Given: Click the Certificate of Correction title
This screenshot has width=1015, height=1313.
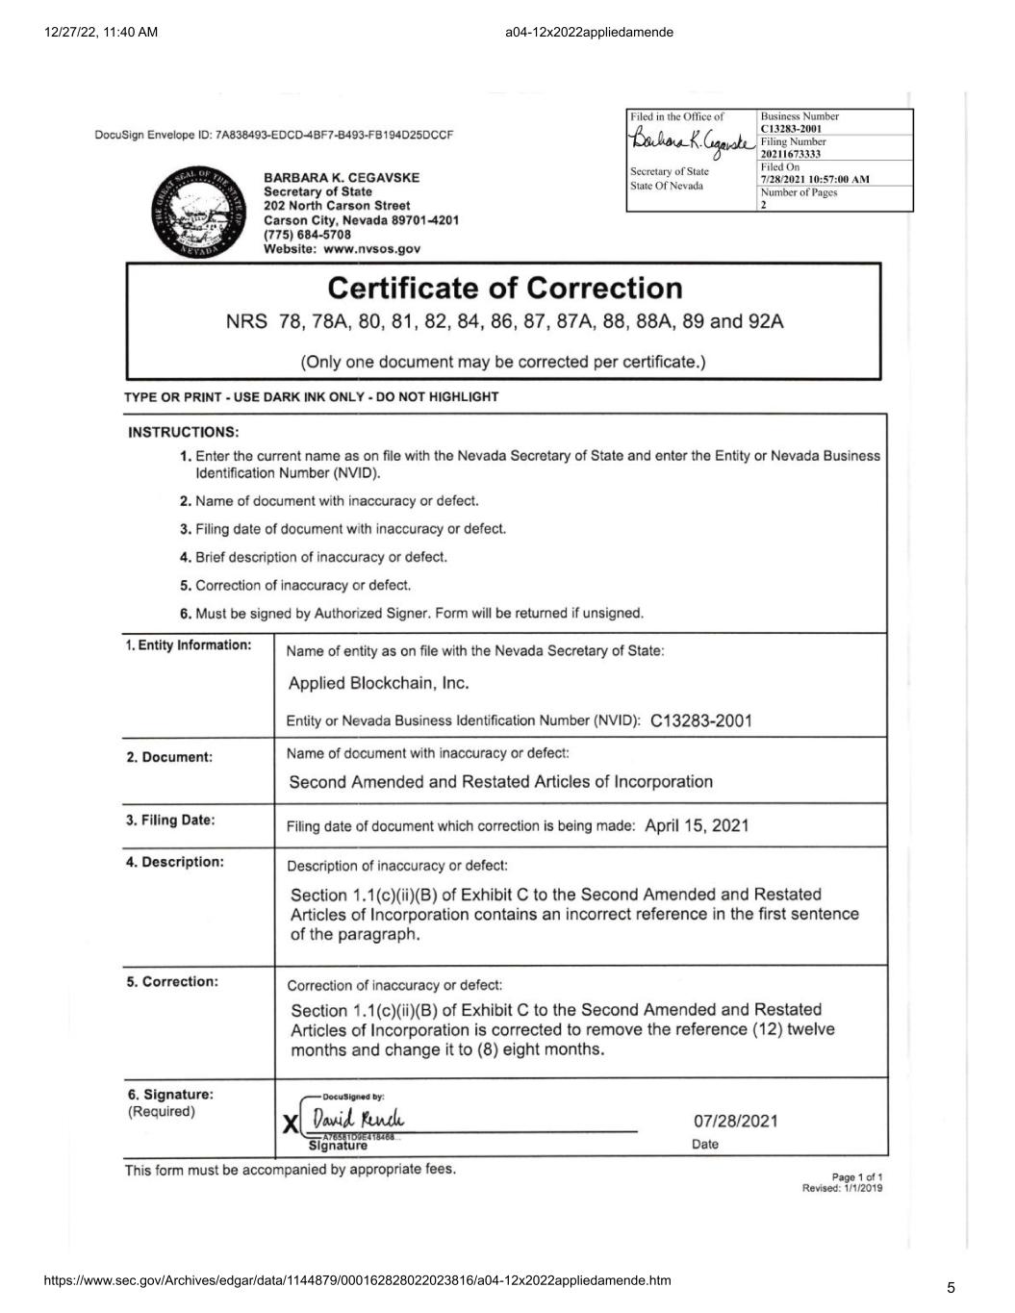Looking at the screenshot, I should [505, 288].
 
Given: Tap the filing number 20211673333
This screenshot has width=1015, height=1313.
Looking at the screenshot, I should [790, 154].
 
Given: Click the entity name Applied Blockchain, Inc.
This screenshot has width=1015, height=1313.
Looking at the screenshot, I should [378, 683].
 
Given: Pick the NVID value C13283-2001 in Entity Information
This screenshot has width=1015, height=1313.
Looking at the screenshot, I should [700, 720].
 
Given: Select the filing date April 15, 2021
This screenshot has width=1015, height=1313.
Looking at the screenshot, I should [697, 825].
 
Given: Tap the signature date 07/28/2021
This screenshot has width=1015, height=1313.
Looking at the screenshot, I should [736, 1121].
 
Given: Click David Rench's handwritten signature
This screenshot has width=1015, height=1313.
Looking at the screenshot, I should [357, 1120].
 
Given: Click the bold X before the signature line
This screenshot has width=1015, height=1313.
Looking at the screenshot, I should [291, 1124].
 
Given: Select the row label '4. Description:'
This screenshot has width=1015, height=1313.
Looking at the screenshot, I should [175, 862].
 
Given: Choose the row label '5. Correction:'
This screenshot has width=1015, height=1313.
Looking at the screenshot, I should [172, 982].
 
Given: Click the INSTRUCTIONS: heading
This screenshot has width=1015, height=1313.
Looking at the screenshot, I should [184, 432].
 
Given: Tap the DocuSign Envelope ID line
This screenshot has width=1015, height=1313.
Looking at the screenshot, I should [274, 135].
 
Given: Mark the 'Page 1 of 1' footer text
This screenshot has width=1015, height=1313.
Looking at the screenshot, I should [856, 1176].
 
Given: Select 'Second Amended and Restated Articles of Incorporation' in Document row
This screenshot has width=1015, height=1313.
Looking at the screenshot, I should [501, 782].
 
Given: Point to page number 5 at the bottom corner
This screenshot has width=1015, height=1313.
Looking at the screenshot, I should [951, 1288].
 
